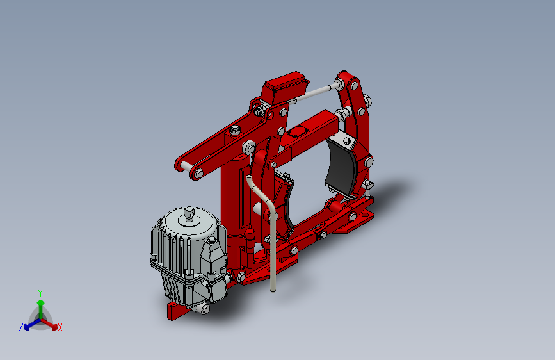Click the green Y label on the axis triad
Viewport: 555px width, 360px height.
point(40,292)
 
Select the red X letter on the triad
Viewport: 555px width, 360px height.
point(60,328)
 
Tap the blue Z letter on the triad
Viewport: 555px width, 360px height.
point(21,327)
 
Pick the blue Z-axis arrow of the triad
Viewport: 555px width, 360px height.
point(29,323)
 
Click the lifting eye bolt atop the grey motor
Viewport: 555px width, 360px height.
point(189,213)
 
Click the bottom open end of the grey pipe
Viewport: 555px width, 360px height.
point(274,290)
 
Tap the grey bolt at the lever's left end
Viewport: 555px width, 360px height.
point(198,174)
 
